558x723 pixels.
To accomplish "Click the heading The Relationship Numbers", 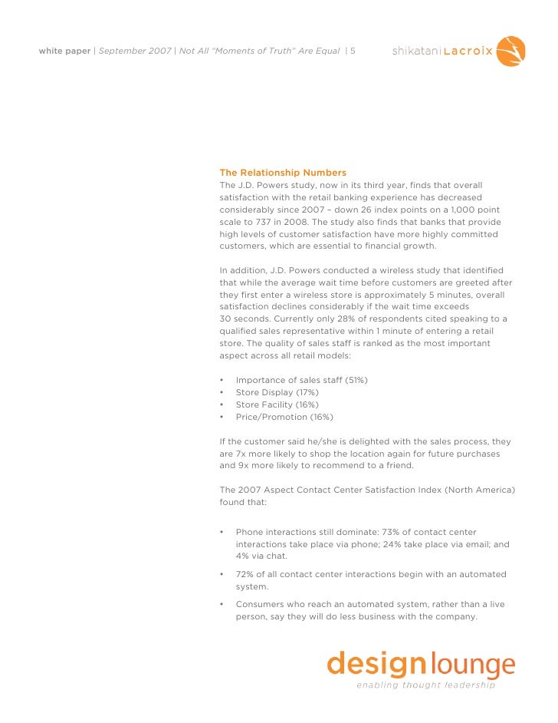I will click(283, 173).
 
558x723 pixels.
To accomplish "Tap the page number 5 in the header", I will click(353, 52).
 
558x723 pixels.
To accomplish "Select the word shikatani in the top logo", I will click(415, 52).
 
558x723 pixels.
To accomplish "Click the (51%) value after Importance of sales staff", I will click(356, 380).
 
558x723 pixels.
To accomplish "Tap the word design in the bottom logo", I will click(376, 664).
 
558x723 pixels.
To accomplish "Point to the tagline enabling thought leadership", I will click(425, 685).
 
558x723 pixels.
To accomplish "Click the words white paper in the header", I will click(64, 52).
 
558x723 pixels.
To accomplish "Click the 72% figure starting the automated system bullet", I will click(245, 574).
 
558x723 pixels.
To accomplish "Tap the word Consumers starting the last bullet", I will click(261, 604).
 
